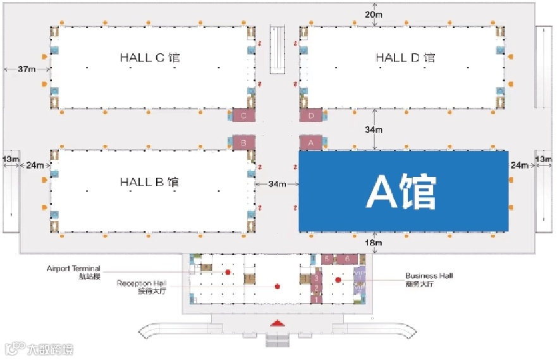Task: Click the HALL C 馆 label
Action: pos(150,58)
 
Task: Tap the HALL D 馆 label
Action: pos(405,58)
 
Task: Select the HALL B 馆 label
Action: pos(150,182)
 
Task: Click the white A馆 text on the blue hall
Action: pos(402,191)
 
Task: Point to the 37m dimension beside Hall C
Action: pos(27,69)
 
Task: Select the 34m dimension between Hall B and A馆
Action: pos(276,184)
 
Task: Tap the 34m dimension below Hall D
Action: pos(374,130)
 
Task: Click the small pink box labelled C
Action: pos(243,115)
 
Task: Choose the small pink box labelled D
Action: pos(311,116)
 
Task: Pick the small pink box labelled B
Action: pos(243,142)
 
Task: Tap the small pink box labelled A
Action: pos(310,143)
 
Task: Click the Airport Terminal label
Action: pos(73,271)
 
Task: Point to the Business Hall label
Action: pos(429,279)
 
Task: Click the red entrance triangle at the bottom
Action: pos(276,323)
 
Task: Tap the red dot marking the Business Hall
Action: pos(338,279)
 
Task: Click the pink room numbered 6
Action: pos(347,258)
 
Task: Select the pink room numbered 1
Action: pos(317,299)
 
